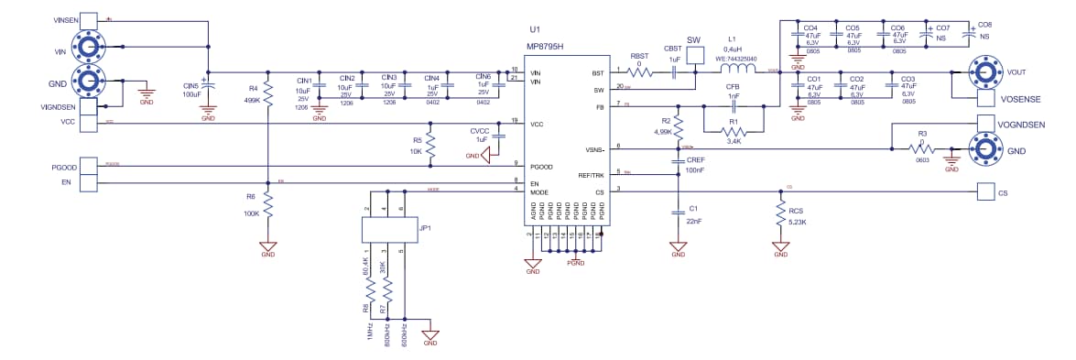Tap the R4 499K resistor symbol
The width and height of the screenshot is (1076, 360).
click(268, 92)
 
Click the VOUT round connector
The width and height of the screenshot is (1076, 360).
click(987, 71)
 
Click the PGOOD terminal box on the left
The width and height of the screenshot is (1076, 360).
click(88, 166)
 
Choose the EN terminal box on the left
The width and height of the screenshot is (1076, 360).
click(88, 183)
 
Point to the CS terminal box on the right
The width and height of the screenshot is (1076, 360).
click(986, 192)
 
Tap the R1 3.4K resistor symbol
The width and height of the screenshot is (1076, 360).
click(734, 131)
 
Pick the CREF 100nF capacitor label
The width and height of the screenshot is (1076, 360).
click(695, 165)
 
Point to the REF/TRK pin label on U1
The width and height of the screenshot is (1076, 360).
click(591, 175)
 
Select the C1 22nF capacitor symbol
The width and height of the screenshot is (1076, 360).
click(678, 212)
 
